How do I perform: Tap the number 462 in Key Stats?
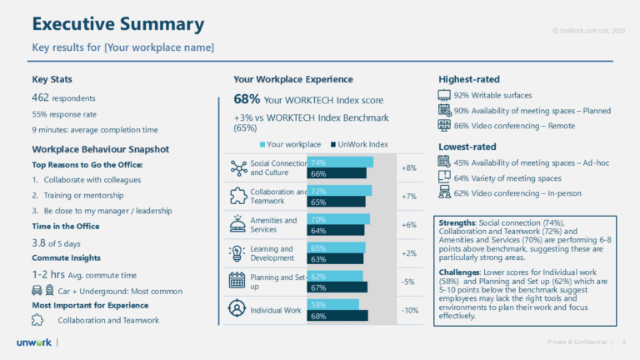coord(41,98)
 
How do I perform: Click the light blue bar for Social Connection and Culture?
coord(340,162)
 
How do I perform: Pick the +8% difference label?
coord(408,167)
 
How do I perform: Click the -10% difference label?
coord(408,311)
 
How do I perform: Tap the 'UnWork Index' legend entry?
coord(359,142)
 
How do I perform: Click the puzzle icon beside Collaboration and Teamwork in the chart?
coord(236,197)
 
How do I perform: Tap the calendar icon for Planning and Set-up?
coord(236,282)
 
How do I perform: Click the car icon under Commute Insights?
coord(37,290)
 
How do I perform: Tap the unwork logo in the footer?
coord(33,342)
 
